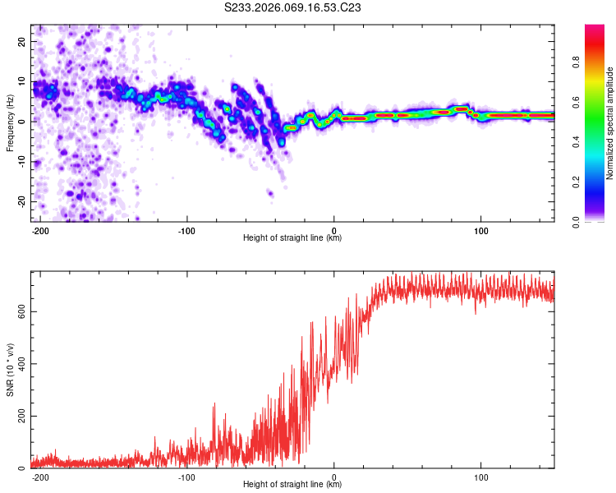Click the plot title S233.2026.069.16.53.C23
(x=293, y=7)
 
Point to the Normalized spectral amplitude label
(x=610, y=123)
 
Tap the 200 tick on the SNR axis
(x=20, y=417)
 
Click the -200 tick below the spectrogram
(x=40, y=231)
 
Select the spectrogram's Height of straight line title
(x=292, y=238)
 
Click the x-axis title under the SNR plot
(x=292, y=485)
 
